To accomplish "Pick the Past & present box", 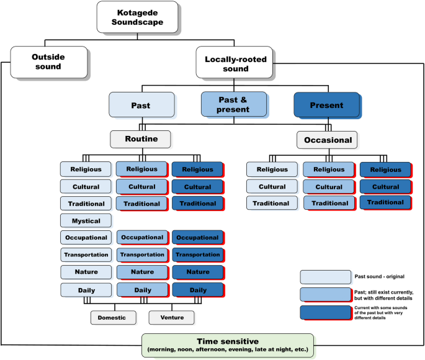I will pos(233,104).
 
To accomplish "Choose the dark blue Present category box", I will pos(326,105).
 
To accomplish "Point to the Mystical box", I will pos(86,220).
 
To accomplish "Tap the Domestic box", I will pos(112,317).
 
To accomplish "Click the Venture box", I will pos(171,317).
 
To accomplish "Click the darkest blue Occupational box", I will pos(197,238).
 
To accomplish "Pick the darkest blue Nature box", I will pos(197,272).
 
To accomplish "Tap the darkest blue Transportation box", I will pos(197,254).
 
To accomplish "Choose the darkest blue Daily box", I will pos(197,290).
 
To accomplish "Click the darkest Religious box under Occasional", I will pos(385,169).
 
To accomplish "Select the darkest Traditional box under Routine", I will pos(197,203).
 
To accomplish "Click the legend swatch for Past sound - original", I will pos(324,277).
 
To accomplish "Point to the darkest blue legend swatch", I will pos(324,312).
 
